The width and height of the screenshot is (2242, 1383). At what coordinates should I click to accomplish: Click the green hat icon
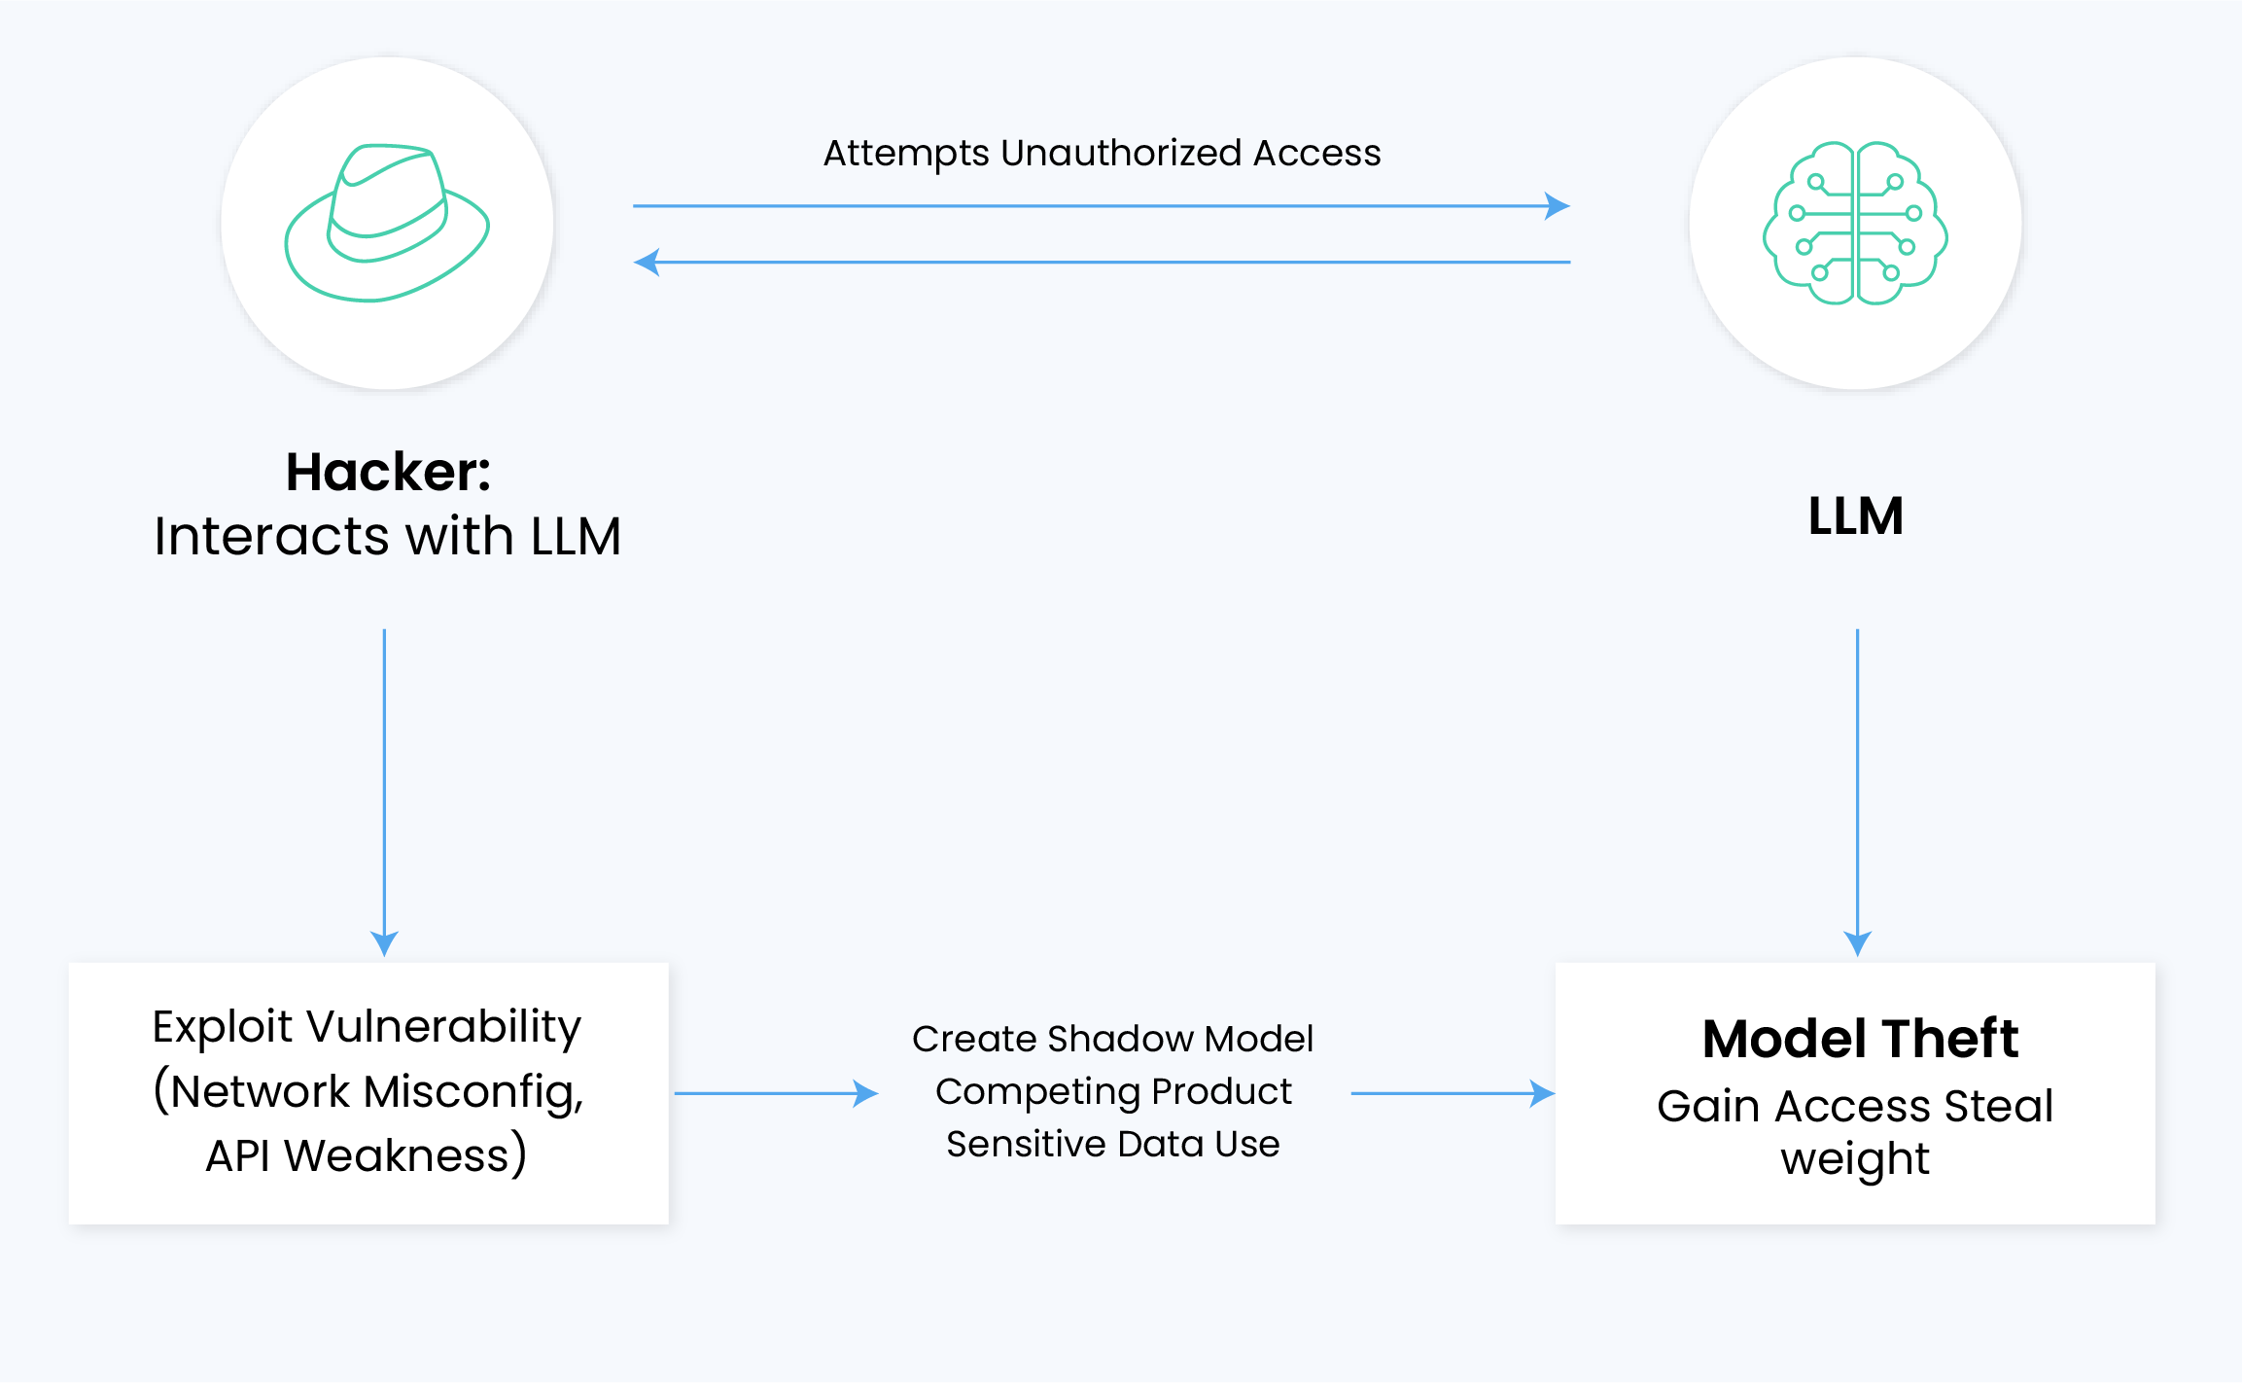tap(387, 224)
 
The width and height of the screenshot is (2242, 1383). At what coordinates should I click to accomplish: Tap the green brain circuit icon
tap(1855, 224)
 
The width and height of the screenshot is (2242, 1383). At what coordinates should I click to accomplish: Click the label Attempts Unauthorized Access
tap(1102, 154)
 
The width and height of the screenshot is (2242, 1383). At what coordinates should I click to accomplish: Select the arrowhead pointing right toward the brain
tap(1557, 206)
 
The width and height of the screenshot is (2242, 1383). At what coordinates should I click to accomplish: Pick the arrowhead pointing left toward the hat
tap(647, 262)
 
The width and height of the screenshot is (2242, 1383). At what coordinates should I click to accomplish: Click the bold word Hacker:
tap(388, 473)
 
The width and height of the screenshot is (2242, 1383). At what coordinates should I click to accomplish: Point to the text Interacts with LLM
tap(387, 537)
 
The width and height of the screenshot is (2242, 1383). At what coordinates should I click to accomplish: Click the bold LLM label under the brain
tap(1855, 515)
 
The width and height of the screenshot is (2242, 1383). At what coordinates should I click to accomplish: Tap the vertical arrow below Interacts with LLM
tap(384, 788)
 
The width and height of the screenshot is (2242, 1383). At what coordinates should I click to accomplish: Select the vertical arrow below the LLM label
tap(1857, 788)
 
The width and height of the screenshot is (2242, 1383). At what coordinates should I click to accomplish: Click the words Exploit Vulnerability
tap(367, 1027)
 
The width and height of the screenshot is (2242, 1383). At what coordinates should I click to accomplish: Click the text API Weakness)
tap(367, 1155)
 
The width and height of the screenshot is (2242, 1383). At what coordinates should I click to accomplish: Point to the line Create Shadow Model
tap(1112, 1039)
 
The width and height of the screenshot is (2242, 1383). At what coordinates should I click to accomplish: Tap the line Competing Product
tap(1113, 1091)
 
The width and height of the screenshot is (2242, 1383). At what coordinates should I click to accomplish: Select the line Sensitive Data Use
tap(1112, 1144)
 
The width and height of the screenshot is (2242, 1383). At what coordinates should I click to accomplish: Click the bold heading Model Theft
tap(1860, 1039)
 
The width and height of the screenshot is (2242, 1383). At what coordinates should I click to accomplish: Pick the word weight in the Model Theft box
tap(1855, 1159)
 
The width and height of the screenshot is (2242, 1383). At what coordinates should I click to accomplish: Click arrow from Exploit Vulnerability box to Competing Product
tap(775, 1093)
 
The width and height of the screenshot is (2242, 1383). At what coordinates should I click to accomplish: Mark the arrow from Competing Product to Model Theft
tap(1452, 1093)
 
